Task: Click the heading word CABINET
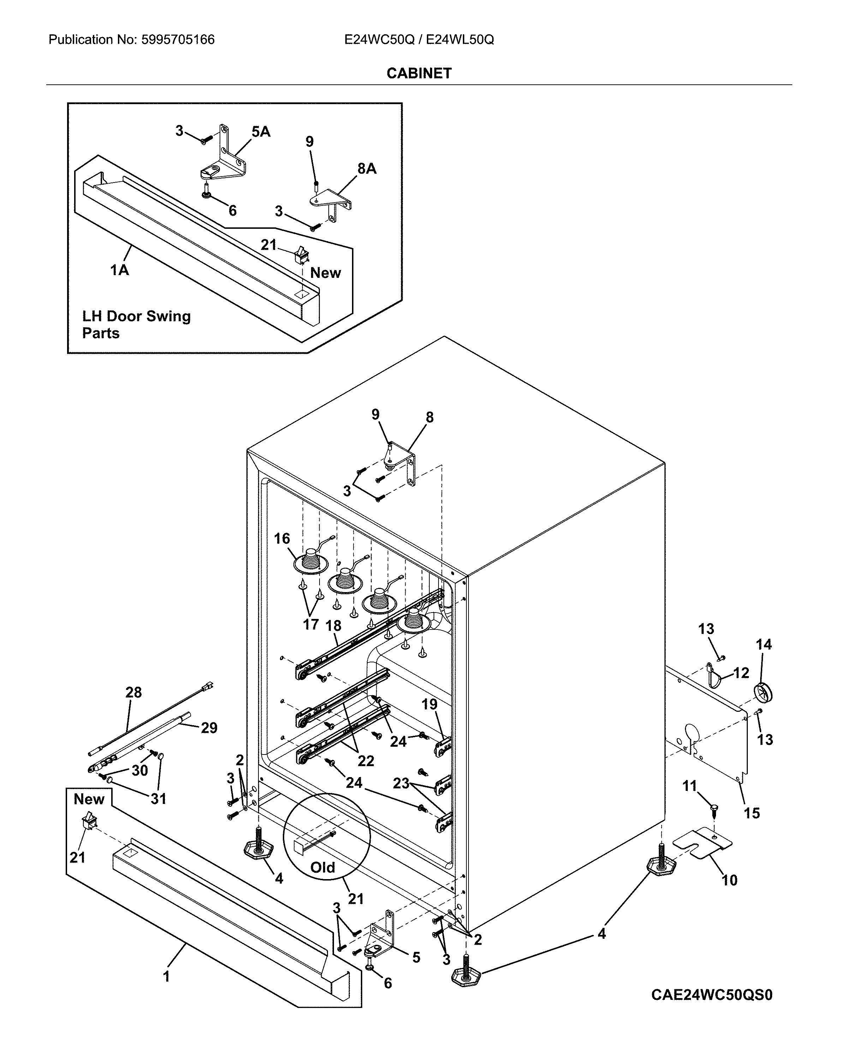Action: point(419,73)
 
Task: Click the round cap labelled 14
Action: point(763,692)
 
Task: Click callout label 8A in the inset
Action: point(367,169)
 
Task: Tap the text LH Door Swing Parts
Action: point(136,324)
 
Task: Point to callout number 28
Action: point(133,693)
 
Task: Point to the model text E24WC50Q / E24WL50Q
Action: point(419,40)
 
